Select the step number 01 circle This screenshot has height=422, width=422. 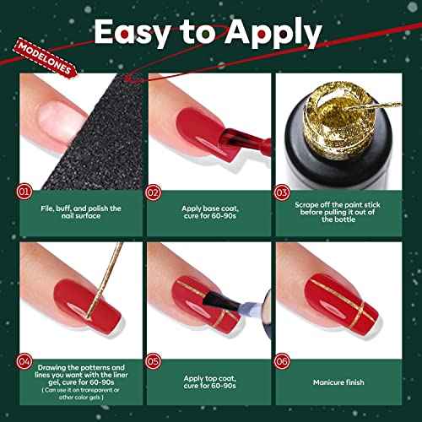25,192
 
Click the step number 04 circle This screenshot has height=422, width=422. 25,363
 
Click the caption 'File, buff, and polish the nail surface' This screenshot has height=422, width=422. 81,211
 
